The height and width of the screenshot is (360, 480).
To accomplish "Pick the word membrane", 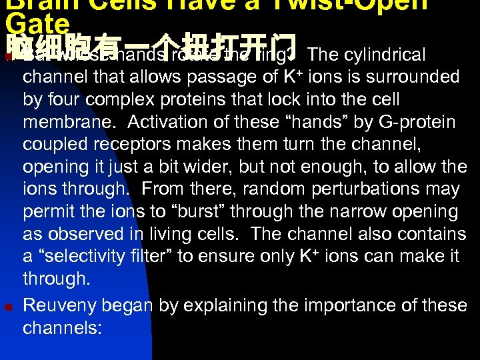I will click(69, 123).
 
